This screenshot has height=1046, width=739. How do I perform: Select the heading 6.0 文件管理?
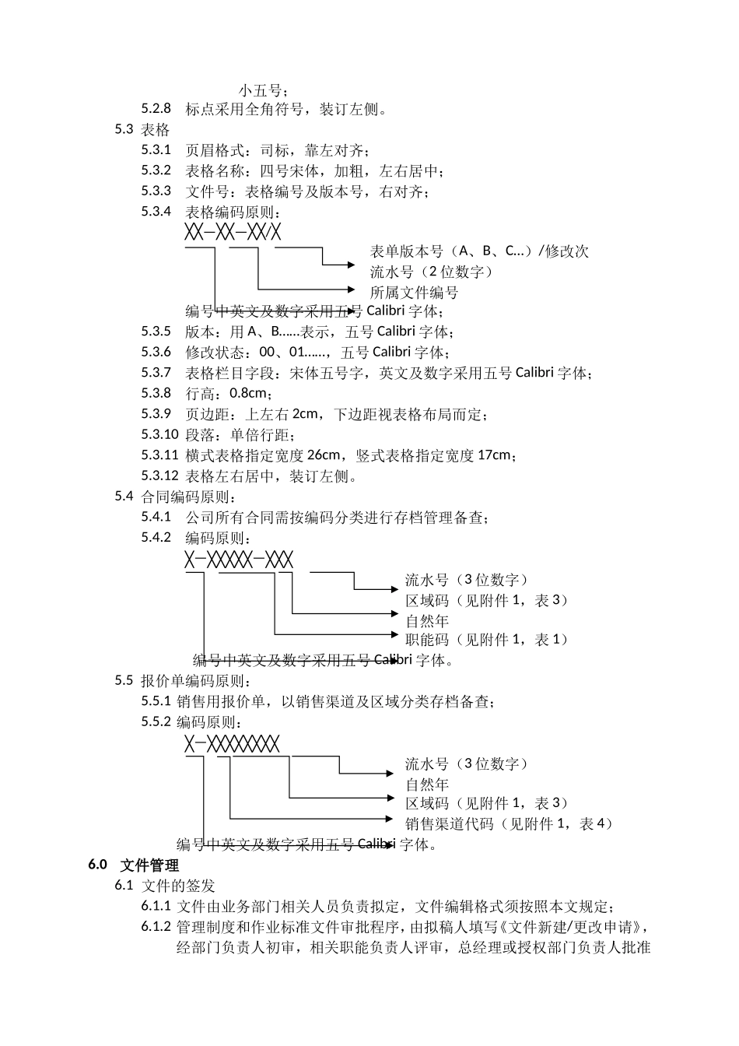[x=134, y=865]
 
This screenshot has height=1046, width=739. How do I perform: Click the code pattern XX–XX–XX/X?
[x=233, y=232]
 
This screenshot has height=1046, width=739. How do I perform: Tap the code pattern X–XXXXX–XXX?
[x=239, y=559]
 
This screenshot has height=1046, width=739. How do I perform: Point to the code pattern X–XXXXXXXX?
[x=232, y=743]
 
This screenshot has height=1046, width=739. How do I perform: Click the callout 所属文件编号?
[x=414, y=293]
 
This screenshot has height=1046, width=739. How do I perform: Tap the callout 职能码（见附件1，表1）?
[x=487, y=640]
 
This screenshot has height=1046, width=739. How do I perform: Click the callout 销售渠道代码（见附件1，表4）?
[x=509, y=823]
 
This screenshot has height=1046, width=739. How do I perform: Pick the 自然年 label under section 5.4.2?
[x=427, y=620]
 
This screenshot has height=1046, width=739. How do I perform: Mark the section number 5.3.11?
[x=159, y=455]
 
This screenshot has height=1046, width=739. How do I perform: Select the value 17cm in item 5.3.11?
[x=493, y=455]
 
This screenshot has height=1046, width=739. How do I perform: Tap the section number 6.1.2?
[x=156, y=927]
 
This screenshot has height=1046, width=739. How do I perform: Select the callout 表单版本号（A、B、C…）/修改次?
[x=479, y=251]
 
